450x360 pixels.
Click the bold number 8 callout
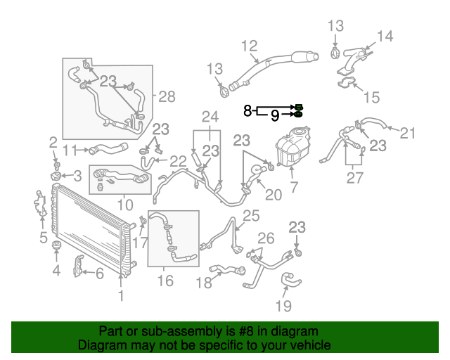[x=247, y=110]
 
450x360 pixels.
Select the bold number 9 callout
[x=275, y=116]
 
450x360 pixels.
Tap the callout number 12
[x=249, y=46]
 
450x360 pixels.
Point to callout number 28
[x=167, y=97]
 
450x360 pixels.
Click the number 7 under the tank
[x=294, y=187]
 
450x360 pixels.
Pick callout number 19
[x=283, y=306]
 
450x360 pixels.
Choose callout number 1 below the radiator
[x=121, y=295]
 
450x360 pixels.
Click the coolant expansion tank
[x=293, y=146]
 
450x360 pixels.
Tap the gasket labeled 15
[x=347, y=83]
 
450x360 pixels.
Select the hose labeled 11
[x=108, y=148]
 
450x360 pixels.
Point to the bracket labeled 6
[x=78, y=266]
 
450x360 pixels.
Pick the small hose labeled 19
[x=290, y=279]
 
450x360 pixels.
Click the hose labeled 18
[x=228, y=270]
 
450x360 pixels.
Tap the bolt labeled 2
[x=57, y=165]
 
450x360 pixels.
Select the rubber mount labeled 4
[x=56, y=246]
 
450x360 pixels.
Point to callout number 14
[x=385, y=37]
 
